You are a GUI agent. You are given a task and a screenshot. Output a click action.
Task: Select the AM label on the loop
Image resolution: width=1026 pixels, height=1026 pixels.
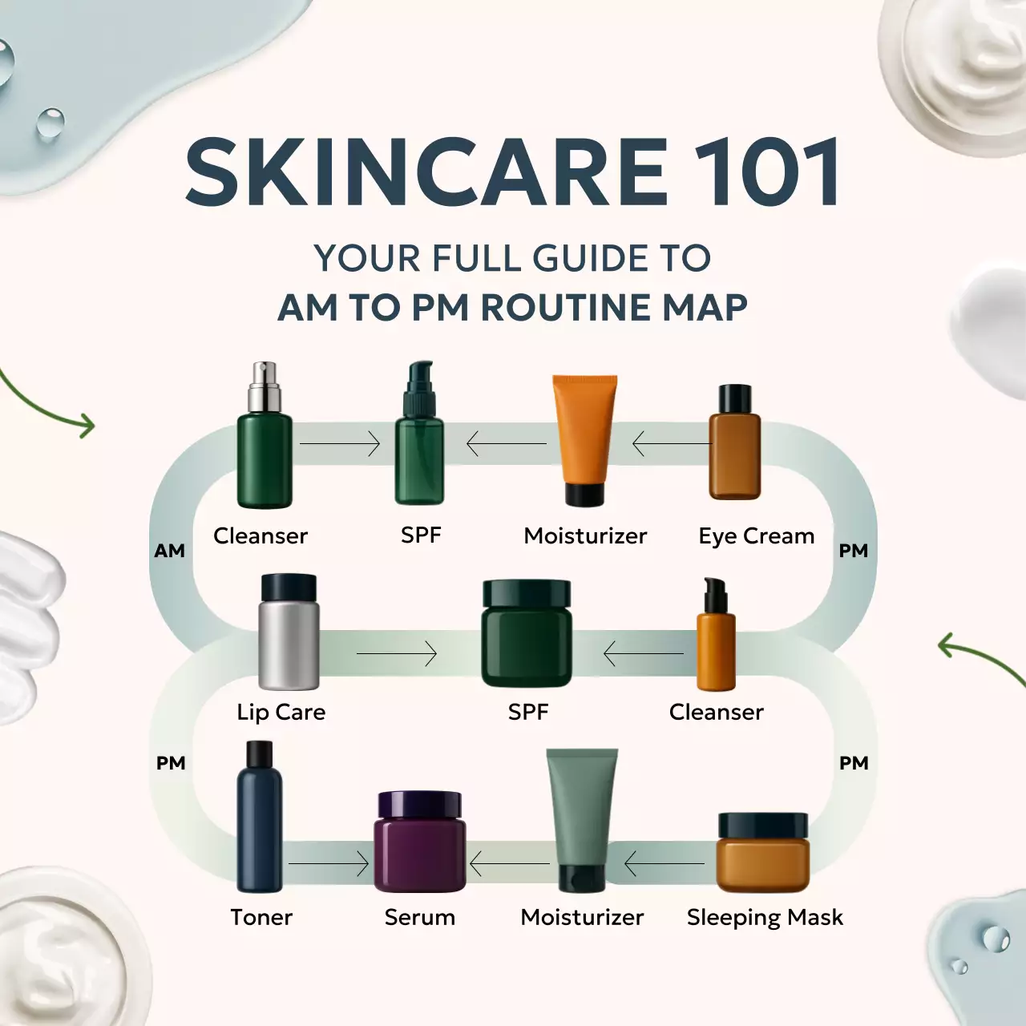coord(169,551)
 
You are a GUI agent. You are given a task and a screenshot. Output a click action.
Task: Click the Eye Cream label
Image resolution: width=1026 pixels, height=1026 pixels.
coord(756,535)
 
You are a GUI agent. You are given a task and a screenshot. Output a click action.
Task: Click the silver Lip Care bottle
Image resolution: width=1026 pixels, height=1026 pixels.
coord(289,633)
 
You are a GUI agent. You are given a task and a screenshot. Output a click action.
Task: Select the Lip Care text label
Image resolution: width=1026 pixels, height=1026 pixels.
coord(281,712)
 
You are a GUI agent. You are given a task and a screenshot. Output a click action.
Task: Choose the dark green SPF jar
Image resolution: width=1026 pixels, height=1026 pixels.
coord(527,634)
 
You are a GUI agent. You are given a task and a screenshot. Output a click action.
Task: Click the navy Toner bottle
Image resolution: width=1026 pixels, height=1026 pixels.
coord(260,818)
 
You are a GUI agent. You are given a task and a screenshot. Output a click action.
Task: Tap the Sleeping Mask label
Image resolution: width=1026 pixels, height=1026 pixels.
coord(765,917)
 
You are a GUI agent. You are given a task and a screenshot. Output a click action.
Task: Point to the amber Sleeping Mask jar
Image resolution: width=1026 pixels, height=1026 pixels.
coord(762,853)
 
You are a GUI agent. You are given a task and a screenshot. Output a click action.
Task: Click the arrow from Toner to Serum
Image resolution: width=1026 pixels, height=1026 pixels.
coord(329,864)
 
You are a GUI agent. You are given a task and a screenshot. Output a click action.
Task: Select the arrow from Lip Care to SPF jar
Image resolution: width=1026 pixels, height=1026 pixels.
coord(397,654)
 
